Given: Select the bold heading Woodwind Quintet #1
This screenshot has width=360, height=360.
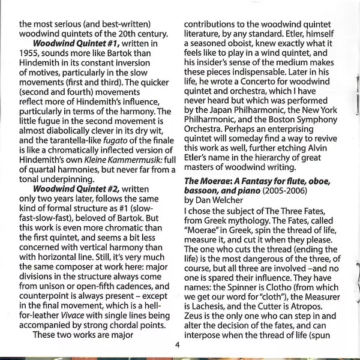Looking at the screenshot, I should click(x=76, y=44).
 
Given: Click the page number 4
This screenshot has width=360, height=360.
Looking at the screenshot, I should click(x=178, y=344).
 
